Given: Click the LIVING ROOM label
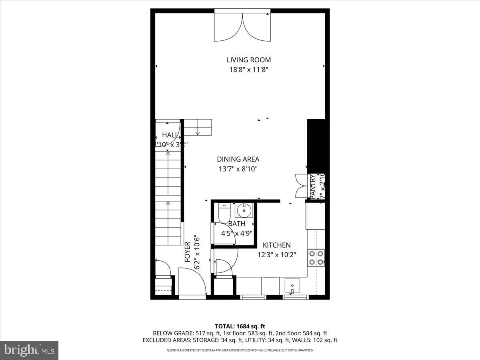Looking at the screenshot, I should [x=248, y=60].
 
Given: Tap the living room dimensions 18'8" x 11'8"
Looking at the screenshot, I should [x=248, y=70].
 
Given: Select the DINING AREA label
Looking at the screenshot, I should [x=238, y=159].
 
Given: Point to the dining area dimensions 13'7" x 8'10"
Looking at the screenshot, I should [x=238, y=169].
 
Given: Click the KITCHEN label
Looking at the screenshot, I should [x=276, y=245].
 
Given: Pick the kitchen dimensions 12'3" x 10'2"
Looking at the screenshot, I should [x=276, y=254].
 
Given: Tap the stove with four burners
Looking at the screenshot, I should [x=316, y=258].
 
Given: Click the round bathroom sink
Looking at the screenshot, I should [x=243, y=210].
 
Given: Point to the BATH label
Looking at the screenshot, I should [x=237, y=224].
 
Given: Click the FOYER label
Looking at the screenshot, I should [x=187, y=252].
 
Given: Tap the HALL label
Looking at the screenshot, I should [x=170, y=135].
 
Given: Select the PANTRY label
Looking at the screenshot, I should [x=313, y=186].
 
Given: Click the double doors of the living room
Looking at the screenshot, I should [x=242, y=27].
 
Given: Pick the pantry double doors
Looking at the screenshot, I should [x=300, y=186].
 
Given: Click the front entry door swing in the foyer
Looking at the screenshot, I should [x=192, y=282].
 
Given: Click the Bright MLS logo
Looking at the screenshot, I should [x=29, y=350].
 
